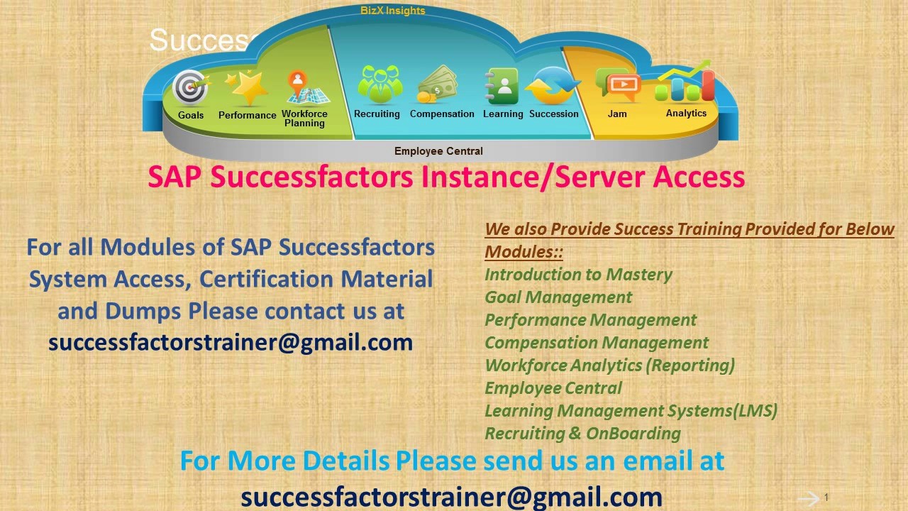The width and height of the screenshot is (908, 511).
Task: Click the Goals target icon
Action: pyautogui.click(x=190, y=88)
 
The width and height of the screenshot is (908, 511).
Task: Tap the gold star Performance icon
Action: pyautogui.click(x=246, y=89)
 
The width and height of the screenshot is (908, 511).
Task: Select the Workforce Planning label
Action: pyautogui.click(x=304, y=119)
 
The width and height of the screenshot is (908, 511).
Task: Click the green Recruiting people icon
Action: pyautogui.click(x=380, y=84)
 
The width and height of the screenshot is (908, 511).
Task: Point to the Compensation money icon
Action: pyautogui.click(x=437, y=84)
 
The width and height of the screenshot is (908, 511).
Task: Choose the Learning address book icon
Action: pyautogui.click(x=502, y=86)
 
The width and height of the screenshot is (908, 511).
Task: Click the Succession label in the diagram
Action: pyautogui.click(x=553, y=114)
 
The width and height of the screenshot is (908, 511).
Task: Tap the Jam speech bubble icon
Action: pyautogui.click(x=618, y=84)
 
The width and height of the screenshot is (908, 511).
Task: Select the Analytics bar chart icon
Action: pyautogui.click(x=685, y=83)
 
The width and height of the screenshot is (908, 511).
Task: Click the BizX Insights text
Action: pyautogui.click(x=392, y=11)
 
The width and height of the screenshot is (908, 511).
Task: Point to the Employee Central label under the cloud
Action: pyautogui.click(x=438, y=151)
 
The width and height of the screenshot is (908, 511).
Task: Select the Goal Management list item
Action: pyautogui.click(x=558, y=297)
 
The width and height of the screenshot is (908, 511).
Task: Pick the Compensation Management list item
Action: pyautogui.click(x=597, y=343)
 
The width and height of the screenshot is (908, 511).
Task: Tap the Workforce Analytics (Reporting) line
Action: pyautogui.click(x=609, y=366)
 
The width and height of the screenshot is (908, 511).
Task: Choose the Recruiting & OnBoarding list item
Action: pyautogui.click(x=582, y=434)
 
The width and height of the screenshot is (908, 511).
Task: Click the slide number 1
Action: pyautogui.click(x=826, y=498)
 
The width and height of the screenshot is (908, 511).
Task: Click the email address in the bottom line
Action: pyautogui.click(x=451, y=496)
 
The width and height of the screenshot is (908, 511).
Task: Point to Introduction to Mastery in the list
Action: pyautogui.click(x=578, y=275)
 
